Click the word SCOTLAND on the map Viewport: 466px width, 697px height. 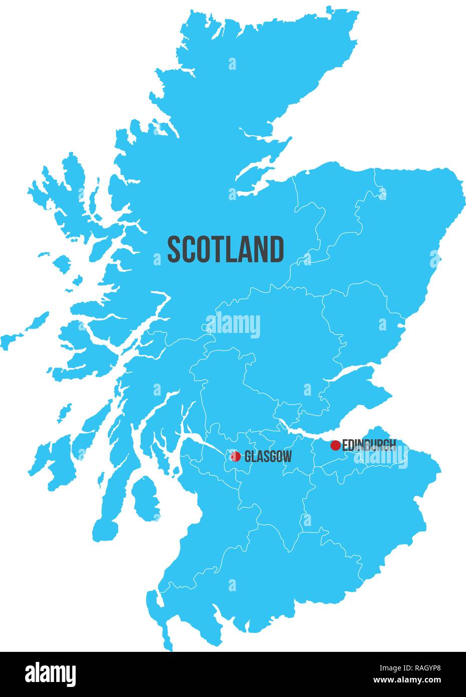[x=225, y=250]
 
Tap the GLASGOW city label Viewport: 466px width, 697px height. [x=268, y=457]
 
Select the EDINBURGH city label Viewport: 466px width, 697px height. [x=369, y=445]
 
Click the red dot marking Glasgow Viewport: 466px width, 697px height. [x=236, y=456]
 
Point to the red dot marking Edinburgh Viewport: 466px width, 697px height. [x=336, y=445]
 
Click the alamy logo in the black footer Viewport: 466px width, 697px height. [x=50, y=673]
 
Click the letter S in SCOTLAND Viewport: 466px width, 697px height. [x=173, y=250]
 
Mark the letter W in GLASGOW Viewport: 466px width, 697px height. [x=286, y=457]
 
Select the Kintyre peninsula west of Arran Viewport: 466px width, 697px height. [x=108, y=506]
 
